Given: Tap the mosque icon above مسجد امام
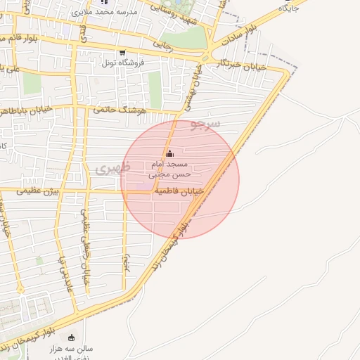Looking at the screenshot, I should (x=169, y=155).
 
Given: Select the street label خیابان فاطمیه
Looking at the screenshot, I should (x=179, y=191).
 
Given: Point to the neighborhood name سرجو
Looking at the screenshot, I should (x=205, y=125).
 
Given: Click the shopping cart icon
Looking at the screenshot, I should (x=122, y=52).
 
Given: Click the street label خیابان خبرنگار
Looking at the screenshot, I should (x=243, y=65).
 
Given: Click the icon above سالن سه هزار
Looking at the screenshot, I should (x=71, y=337).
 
